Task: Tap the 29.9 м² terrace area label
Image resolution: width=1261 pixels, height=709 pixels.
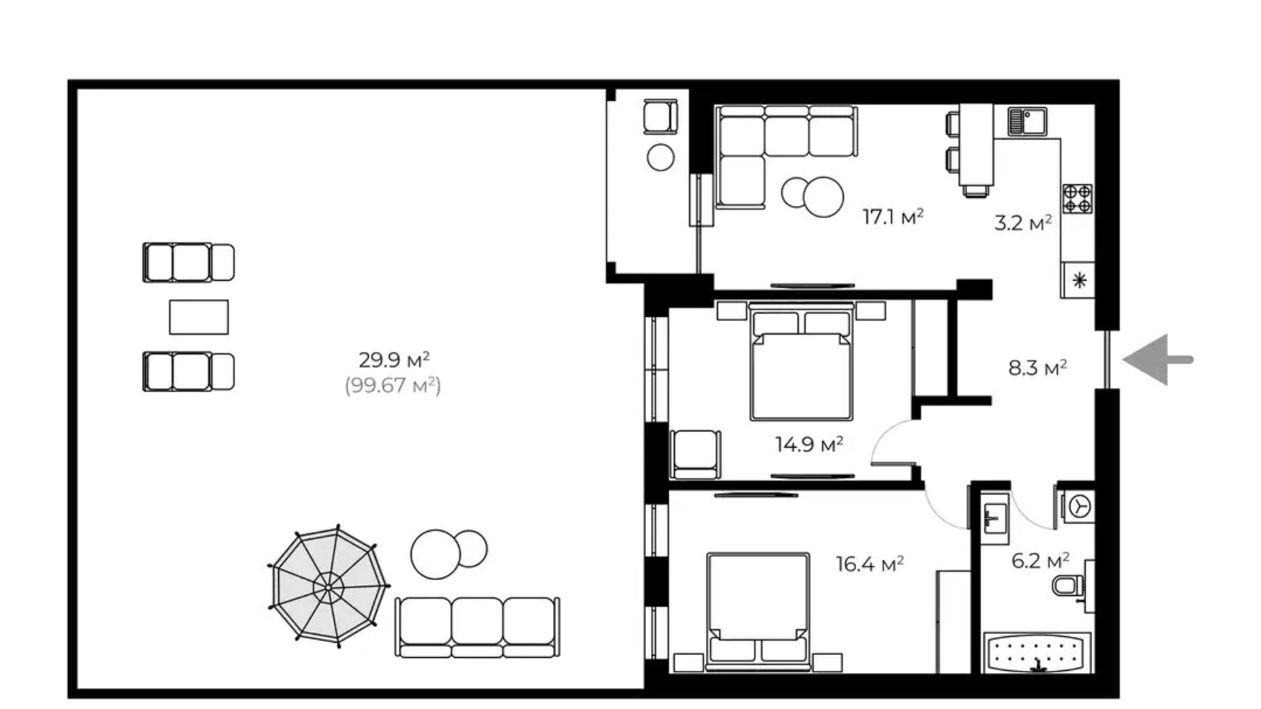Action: (393, 359)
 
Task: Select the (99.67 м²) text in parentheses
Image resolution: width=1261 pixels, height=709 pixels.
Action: (393, 386)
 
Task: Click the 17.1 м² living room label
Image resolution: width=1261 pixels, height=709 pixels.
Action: (892, 217)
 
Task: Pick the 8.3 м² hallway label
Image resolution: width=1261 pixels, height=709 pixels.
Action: (1037, 368)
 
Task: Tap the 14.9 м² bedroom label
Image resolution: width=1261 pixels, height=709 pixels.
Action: (808, 444)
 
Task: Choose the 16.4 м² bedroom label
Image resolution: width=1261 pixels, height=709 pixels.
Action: (869, 564)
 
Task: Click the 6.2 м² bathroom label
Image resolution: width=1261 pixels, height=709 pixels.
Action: (1039, 561)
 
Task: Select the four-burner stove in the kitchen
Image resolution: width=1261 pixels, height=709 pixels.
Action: (1077, 198)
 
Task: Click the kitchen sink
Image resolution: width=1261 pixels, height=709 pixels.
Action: (1027, 122)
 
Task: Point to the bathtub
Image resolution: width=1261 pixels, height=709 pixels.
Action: (1037, 653)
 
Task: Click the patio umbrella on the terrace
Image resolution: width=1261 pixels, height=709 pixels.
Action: (329, 586)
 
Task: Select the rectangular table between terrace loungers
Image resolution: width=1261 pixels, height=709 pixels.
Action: (198, 317)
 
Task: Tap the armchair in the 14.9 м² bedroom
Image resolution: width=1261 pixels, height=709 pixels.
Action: (695, 454)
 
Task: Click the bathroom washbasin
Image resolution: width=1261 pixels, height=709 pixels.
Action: (994, 518)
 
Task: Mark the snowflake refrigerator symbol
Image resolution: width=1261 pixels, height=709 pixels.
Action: (1078, 280)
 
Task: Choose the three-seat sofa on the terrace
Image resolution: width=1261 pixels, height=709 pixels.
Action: (476, 627)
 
